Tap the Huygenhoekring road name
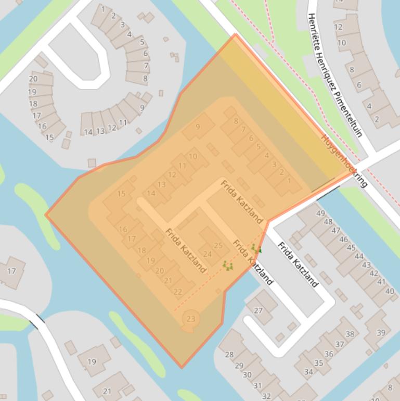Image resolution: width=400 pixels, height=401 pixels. click(344, 161)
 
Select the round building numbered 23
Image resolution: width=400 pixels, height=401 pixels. click(191, 319)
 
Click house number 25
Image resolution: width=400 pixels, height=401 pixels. click(218, 246)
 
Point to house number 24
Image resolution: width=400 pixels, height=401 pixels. click(207, 254)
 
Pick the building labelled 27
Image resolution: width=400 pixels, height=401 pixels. click(259, 310)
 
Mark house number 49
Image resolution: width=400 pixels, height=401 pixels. click(320, 214)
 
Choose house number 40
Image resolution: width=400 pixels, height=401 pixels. click(390, 291)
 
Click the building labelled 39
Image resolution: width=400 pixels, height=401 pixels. click(381, 333)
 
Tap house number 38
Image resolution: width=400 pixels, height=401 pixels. click(350, 334)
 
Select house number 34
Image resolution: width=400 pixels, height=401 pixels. click(309, 372)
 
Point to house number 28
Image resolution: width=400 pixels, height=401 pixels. click(229, 355)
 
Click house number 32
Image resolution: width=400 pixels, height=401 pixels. click(266, 396)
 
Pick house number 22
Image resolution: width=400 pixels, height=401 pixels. click(178, 292)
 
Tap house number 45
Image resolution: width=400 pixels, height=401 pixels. click(351, 248)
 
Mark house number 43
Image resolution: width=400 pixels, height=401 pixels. click(366, 265)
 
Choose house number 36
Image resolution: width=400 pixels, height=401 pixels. click(329, 354)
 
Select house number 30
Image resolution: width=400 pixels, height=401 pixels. click(247, 374)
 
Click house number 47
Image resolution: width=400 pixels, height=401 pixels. click(336, 231)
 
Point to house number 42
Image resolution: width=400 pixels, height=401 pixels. click(374, 273)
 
